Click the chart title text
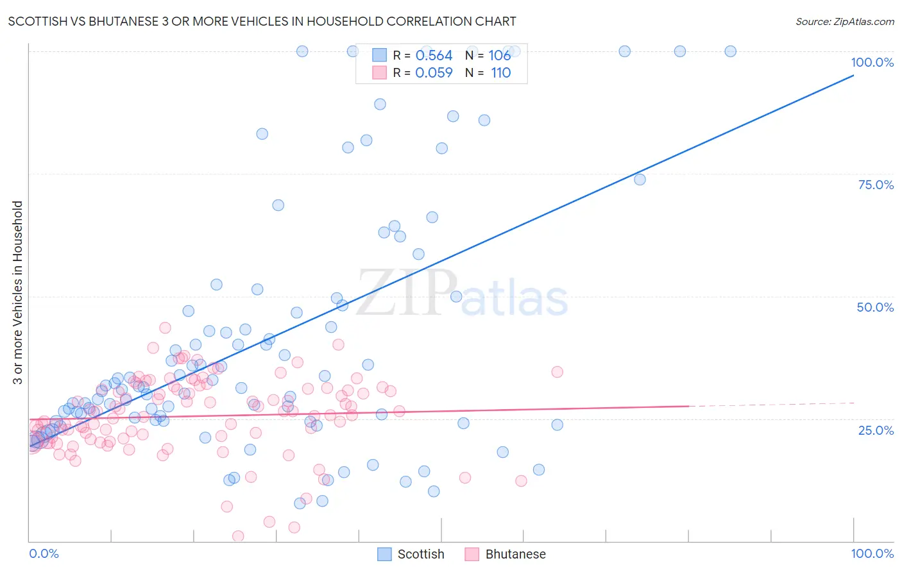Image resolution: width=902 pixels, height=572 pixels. pyautogui.click(x=262, y=21)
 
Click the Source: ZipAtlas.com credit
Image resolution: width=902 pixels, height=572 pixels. pyautogui.click(x=844, y=21)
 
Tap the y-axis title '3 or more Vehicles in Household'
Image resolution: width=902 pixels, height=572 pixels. pyautogui.click(x=17, y=292)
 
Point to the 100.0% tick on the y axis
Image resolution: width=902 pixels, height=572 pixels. pyautogui.click(x=872, y=62)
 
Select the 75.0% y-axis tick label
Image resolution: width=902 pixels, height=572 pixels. pyautogui.click(x=876, y=185)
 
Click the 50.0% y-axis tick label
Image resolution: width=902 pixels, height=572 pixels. pyautogui.click(x=875, y=307)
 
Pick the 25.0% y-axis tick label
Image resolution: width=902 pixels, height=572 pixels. pyautogui.click(x=876, y=430)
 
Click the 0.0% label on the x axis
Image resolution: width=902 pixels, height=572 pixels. pyautogui.click(x=44, y=553)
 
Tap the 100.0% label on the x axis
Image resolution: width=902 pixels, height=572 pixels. pyautogui.click(x=872, y=553)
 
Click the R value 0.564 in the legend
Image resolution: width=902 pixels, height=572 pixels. pyautogui.click(x=434, y=56)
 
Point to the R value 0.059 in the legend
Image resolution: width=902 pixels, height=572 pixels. pyautogui.click(x=434, y=73)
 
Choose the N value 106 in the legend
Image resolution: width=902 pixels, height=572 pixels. pyautogui.click(x=500, y=56)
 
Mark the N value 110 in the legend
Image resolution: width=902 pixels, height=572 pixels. pyautogui.click(x=501, y=73)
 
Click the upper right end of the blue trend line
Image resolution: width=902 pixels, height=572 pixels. pyautogui.click(x=853, y=76)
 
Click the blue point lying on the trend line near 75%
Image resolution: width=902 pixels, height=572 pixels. pyautogui.click(x=640, y=180)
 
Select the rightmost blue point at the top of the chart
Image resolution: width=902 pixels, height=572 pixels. pyautogui.click(x=730, y=51)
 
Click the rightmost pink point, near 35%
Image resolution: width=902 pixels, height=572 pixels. pyautogui.click(x=557, y=372)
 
